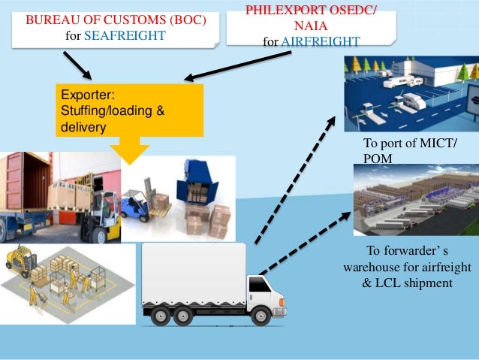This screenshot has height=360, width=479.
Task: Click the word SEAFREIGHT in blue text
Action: click(125, 35)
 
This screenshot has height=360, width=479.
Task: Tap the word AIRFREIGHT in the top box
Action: click(320, 41)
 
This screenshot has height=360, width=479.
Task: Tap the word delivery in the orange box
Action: click(80, 126)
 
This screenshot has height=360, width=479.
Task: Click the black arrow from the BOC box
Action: click(77, 65)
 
